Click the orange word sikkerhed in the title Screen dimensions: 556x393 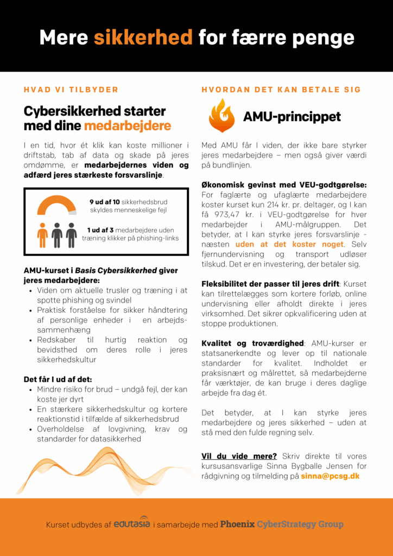click(143, 37)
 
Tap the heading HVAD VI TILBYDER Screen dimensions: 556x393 click(71, 90)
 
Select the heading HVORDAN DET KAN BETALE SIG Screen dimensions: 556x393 click(281, 90)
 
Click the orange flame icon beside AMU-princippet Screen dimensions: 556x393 click(221, 116)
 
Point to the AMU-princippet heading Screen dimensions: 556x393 click(291, 117)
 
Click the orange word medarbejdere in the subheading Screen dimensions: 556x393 click(128, 126)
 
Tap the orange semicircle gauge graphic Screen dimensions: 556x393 click(56, 206)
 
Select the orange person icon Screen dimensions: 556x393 click(42, 235)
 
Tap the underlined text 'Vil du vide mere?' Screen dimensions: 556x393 click(239, 456)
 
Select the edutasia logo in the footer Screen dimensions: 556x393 click(132, 523)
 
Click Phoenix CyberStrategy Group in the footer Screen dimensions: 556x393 click(282, 524)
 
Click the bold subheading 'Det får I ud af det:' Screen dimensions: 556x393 click(58, 379)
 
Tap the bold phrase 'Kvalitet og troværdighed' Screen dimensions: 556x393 click(252, 343)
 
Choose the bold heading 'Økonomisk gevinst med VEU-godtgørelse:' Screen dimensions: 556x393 click(284, 185)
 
